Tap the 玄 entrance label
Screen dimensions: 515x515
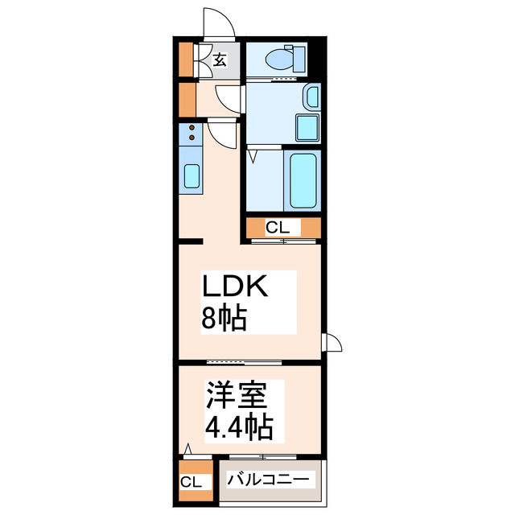[219, 59]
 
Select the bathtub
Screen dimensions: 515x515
[303, 180]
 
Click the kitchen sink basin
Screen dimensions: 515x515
[192, 175]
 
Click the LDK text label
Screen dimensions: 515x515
[239, 287]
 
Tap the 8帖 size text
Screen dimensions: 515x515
[223, 319]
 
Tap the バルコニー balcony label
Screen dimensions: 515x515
[267, 480]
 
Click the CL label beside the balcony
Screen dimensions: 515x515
[192, 482]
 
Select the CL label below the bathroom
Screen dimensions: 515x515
[278, 228]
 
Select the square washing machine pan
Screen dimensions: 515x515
[307, 127]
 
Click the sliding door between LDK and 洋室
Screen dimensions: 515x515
[233, 362]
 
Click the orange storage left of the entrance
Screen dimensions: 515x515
[186, 59]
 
